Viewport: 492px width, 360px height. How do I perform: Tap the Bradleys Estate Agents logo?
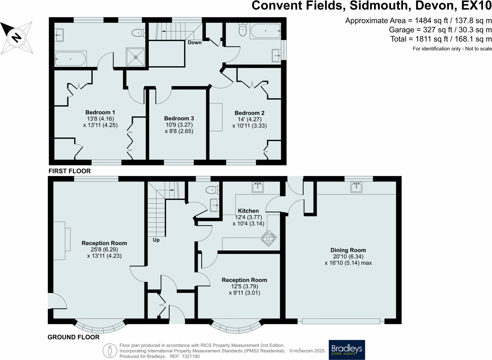(x=347, y=349)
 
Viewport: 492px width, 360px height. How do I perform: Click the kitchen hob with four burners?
(x=269, y=238)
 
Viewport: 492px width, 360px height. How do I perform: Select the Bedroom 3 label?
(x=179, y=119)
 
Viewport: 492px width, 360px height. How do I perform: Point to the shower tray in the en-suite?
(x=136, y=57)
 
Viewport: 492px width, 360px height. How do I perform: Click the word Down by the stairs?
(x=194, y=43)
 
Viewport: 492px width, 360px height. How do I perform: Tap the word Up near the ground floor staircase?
(x=156, y=240)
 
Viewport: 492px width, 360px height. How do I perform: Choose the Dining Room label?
(x=348, y=250)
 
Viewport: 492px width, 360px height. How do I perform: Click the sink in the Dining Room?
(x=356, y=187)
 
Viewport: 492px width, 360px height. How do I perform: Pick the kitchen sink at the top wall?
(x=258, y=187)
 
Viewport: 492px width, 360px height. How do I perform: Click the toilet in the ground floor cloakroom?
(x=212, y=190)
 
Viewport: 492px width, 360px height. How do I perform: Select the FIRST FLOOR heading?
(x=70, y=171)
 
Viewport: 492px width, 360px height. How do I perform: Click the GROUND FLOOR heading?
(x=74, y=337)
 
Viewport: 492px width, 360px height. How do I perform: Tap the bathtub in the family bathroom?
(x=265, y=31)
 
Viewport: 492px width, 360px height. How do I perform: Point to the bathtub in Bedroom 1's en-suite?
(x=70, y=59)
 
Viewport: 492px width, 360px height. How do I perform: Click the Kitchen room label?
(x=248, y=211)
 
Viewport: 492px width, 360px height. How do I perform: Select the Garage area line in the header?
(x=440, y=30)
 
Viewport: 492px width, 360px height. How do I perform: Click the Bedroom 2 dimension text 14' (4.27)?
(x=249, y=119)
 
